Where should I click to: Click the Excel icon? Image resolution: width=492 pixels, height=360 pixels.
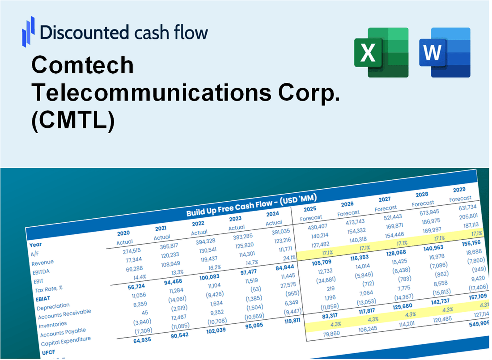(x=382, y=52)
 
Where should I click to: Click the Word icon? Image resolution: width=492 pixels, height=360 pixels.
(x=445, y=52)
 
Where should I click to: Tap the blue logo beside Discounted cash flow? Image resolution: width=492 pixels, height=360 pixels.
(x=28, y=31)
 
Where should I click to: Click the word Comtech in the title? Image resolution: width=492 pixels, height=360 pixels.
(x=83, y=66)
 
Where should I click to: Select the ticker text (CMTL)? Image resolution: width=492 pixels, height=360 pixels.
(x=73, y=121)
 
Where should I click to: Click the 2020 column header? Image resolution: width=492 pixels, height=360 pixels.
(x=124, y=233)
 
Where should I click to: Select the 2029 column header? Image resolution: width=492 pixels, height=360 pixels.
(x=458, y=190)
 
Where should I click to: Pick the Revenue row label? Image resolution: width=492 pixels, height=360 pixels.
(x=42, y=263)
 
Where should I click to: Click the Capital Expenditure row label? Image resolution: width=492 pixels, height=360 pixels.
(x=66, y=342)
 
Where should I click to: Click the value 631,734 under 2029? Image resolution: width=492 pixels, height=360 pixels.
(x=468, y=208)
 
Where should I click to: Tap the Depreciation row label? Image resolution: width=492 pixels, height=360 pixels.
(x=53, y=308)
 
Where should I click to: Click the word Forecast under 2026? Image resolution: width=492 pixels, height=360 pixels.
(x=348, y=213)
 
